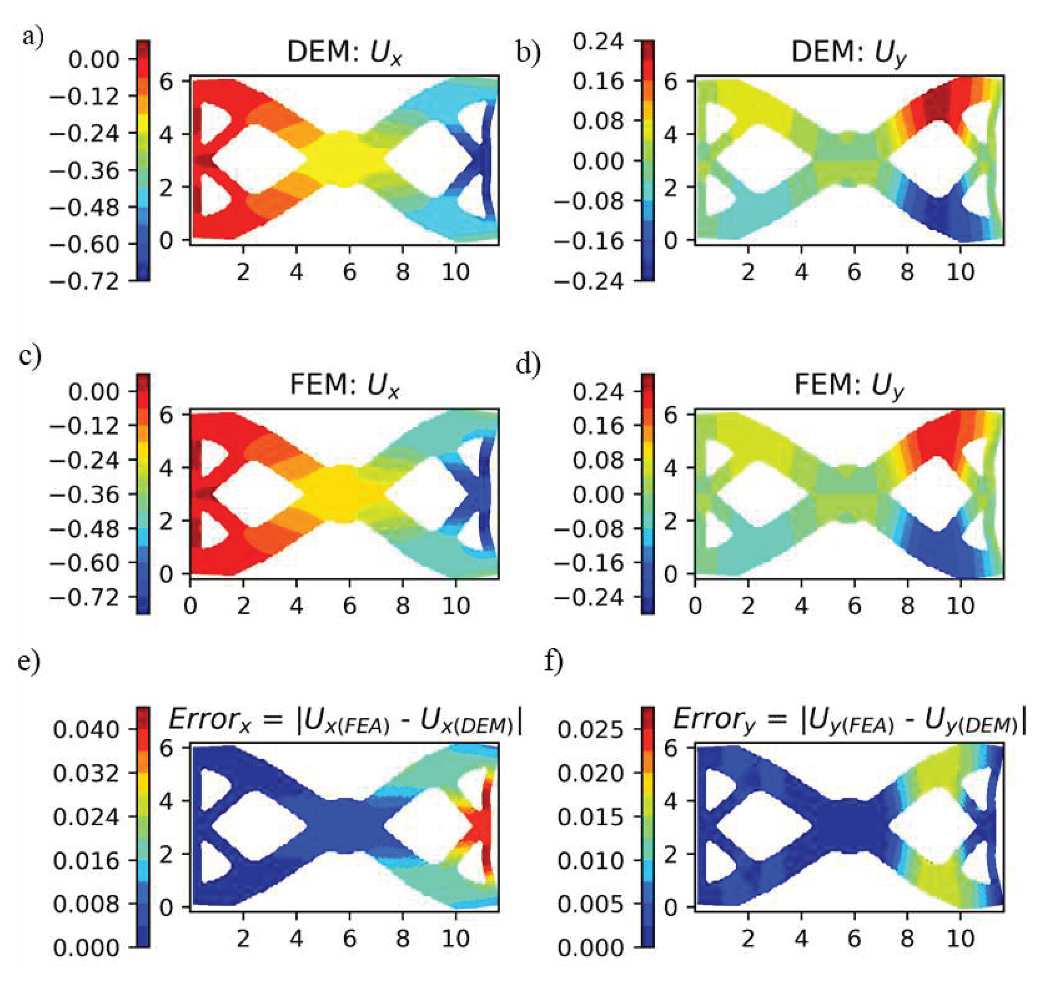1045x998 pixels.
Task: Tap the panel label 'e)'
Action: coord(29,662)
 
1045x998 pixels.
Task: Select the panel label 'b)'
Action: coord(528,53)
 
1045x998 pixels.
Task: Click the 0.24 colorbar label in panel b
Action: coord(598,41)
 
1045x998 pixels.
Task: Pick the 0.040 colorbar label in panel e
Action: coord(86,730)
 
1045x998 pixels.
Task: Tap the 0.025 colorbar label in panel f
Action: coord(590,730)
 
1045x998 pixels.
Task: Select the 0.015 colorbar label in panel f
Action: coord(590,817)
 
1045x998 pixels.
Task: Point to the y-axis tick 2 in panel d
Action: coord(670,521)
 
